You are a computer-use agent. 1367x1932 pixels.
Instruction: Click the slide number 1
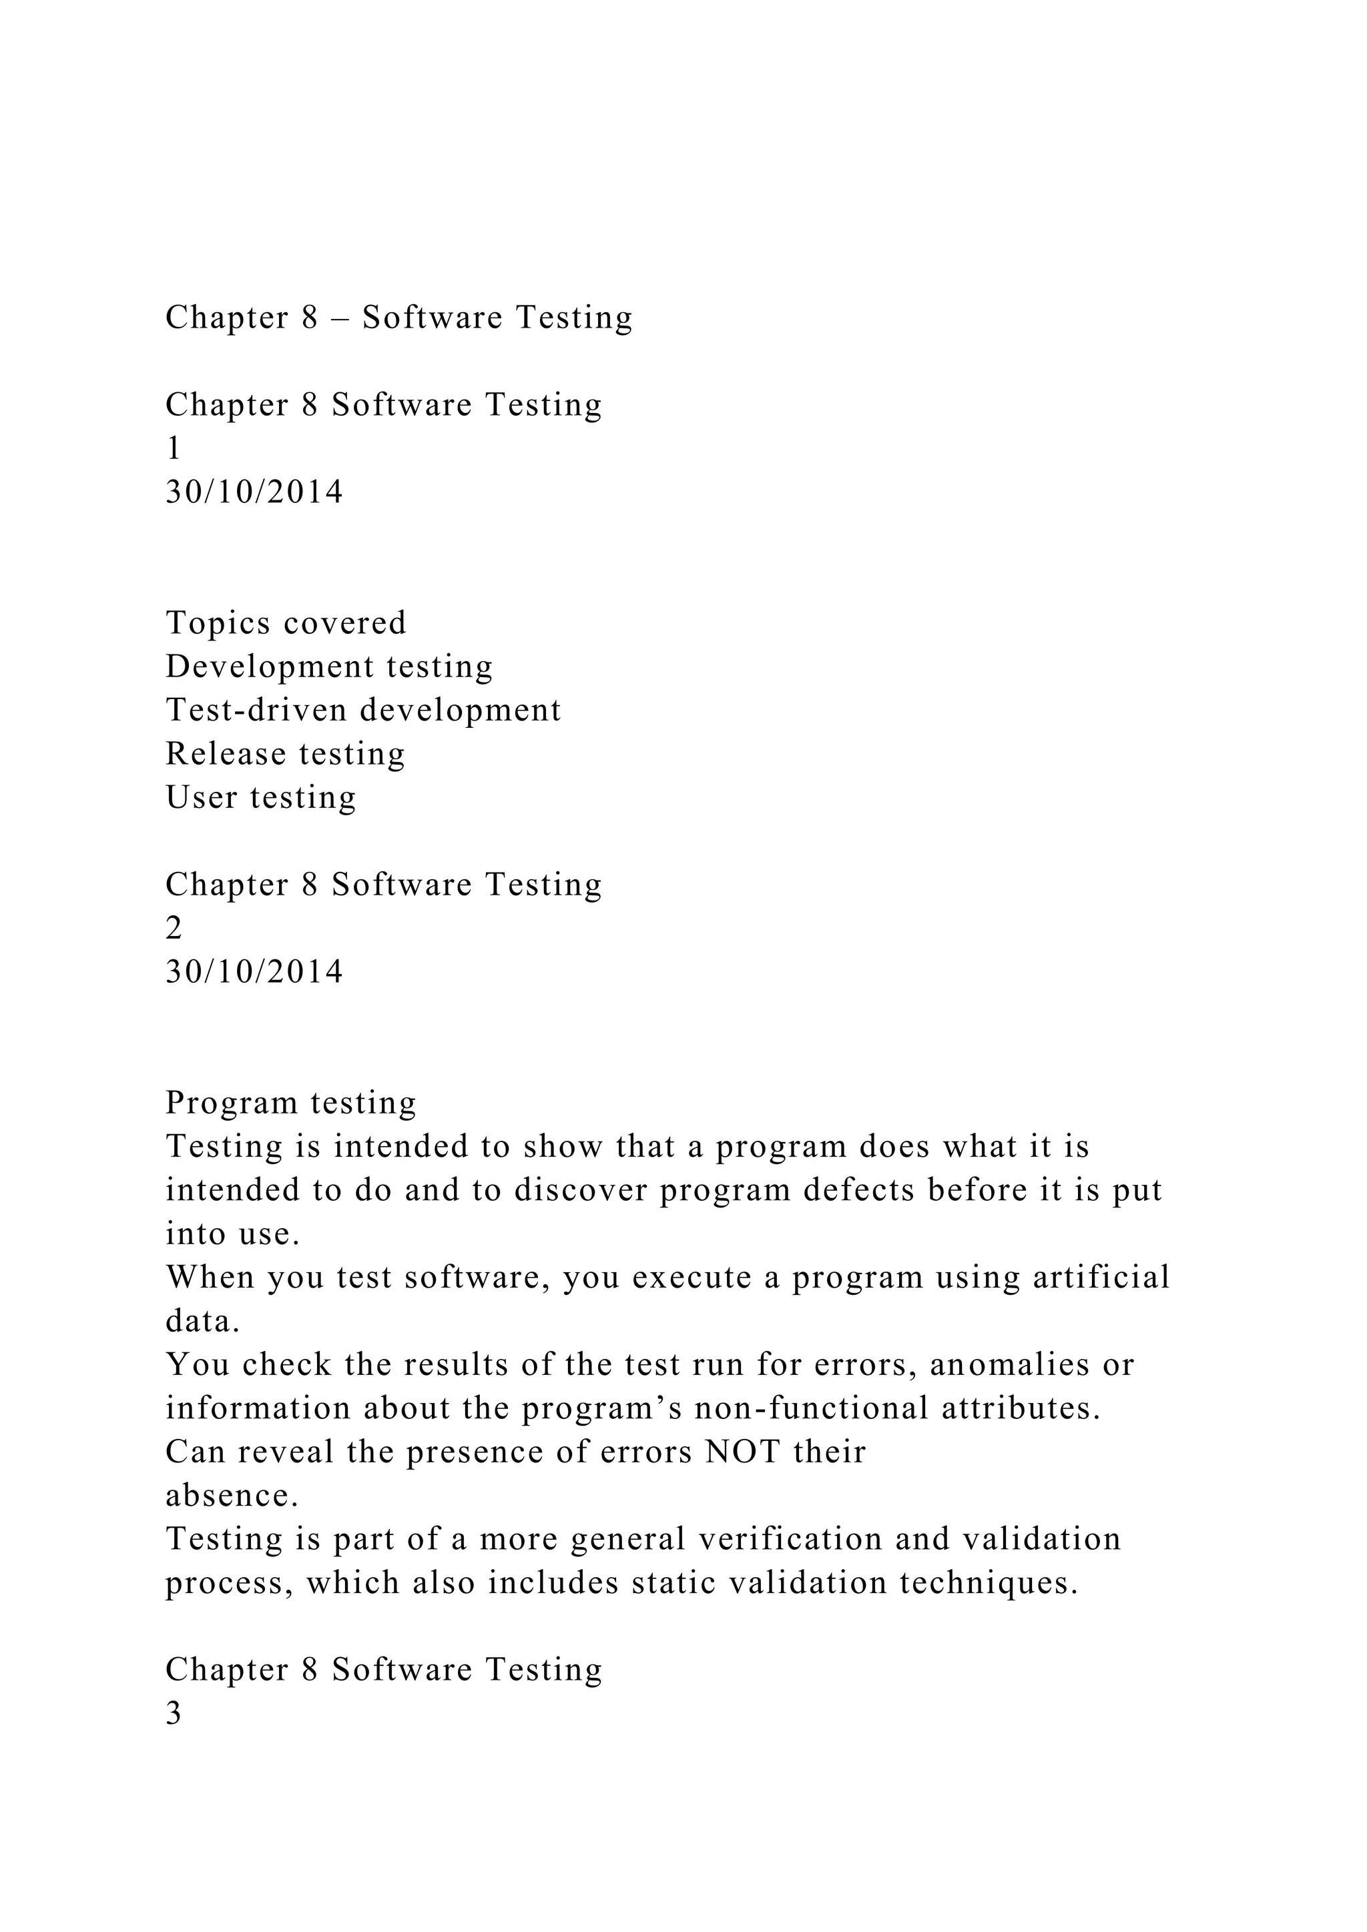coord(174,448)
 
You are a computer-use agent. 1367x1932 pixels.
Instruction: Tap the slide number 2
coord(174,928)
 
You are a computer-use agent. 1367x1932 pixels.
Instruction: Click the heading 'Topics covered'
coord(286,622)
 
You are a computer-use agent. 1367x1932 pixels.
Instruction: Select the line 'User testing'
coord(261,798)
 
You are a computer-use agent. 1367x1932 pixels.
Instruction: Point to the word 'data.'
coord(203,1321)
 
